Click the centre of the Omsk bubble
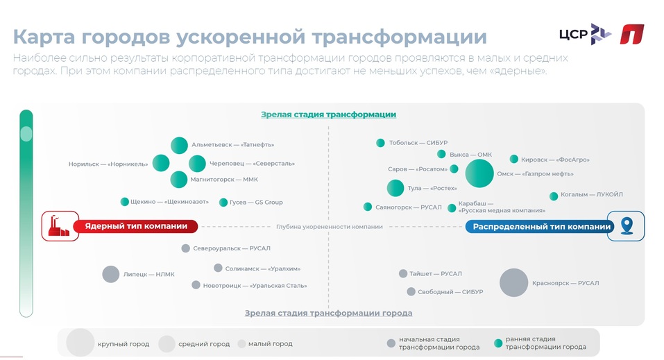point(479,173)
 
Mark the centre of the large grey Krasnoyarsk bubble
point(513,282)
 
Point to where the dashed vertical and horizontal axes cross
point(329,227)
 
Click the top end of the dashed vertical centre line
point(329,126)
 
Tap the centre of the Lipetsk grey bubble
point(111,274)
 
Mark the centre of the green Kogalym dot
point(554,196)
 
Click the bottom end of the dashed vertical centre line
point(329,308)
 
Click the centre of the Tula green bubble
point(395,188)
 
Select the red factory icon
point(58,227)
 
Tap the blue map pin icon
point(627,226)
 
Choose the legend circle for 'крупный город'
point(80,343)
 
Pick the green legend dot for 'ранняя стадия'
point(498,343)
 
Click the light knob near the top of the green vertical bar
point(26,134)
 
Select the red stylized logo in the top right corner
point(632,34)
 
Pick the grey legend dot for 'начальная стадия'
point(391,343)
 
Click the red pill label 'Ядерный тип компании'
point(135,227)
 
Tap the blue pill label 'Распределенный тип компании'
point(540,227)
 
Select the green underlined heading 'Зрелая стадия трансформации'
point(329,114)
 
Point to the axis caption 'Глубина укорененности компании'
point(330,227)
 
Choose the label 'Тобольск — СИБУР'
point(418,143)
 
